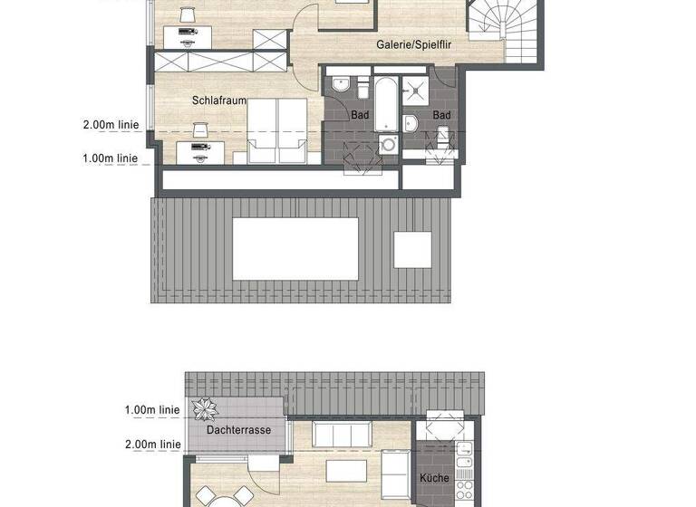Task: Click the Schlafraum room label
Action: [218, 100]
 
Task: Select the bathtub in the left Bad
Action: [384, 103]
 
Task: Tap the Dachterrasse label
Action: [238, 430]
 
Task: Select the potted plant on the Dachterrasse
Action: [204, 408]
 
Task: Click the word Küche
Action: [435, 479]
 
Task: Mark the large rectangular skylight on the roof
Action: [296, 249]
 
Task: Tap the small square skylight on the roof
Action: [412, 249]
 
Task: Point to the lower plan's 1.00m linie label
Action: [151, 410]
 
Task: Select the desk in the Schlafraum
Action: [194, 152]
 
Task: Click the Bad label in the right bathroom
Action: [441, 116]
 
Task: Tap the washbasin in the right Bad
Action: [411, 124]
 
